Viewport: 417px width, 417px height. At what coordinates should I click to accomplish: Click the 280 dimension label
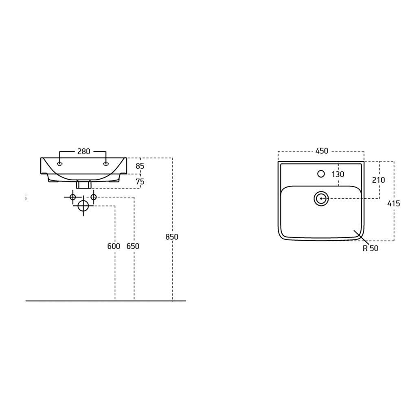pyautogui.click(x=84, y=151)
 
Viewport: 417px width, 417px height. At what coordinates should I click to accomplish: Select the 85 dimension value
pyautogui.click(x=140, y=166)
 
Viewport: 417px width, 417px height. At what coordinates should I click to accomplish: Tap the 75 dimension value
pyautogui.click(x=140, y=182)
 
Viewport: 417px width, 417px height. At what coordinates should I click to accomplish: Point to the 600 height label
pyautogui.click(x=114, y=246)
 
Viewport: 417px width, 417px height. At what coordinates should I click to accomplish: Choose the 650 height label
pyautogui.click(x=133, y=246)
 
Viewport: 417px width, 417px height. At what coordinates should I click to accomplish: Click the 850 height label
pyautogui.click(x=172, y=237)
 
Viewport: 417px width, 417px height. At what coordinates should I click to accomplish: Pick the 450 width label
pyautogui.click(x=322, y=151)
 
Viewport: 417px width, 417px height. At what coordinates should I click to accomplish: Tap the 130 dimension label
pyautogui.click(x=338, y=174)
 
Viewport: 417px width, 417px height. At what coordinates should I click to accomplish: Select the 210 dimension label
pyautogui.click(x=378, y=180)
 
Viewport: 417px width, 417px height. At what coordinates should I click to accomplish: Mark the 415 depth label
pyautogui.click(x=394, y=204)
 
